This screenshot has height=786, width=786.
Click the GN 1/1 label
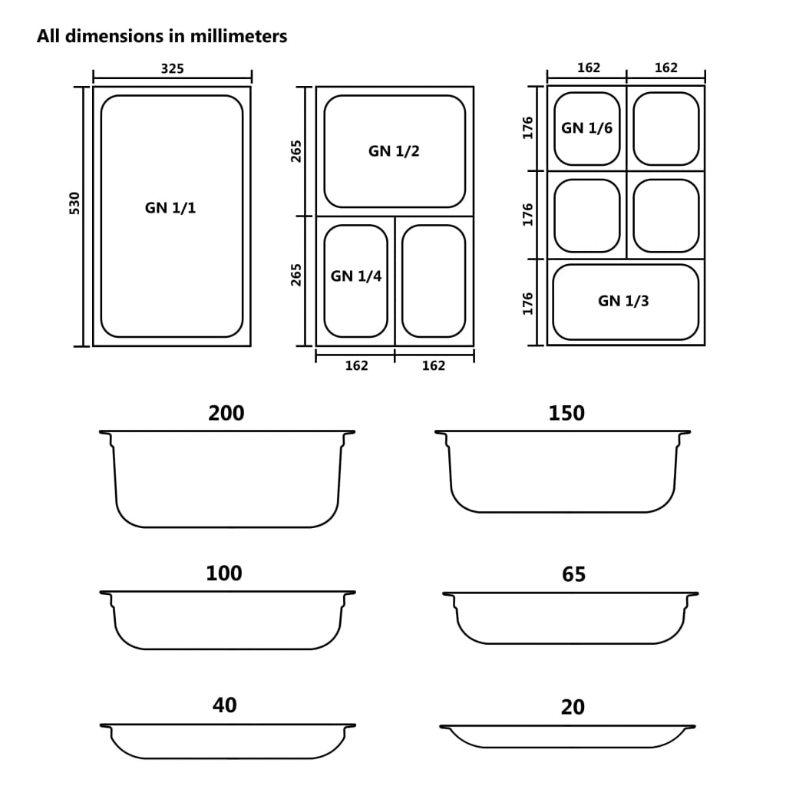tap(170, 207)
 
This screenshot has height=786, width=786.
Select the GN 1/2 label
tap(394, 151)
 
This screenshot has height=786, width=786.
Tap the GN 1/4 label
tap(356, 276)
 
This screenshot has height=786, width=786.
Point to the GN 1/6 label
tap(586, 128)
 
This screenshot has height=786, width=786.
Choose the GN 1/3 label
tap(623, 301)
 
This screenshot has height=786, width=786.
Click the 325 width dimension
tap(172, 68)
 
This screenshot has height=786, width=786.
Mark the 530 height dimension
tap(74, 203)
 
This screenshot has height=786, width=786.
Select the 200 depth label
tap(226, 413)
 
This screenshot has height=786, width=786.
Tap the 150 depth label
tap(566, 413)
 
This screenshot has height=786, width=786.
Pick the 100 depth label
tap(224, 573)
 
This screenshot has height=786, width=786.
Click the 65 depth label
tap(573, 574)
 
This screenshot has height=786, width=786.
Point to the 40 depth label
tap(224, 705)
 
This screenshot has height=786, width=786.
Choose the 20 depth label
tap(573, 707)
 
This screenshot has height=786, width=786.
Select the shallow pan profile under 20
tap(567, 737)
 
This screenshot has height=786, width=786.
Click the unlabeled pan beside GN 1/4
tap(434, 280)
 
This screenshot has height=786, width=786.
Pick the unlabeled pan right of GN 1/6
tap(665, 128)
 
